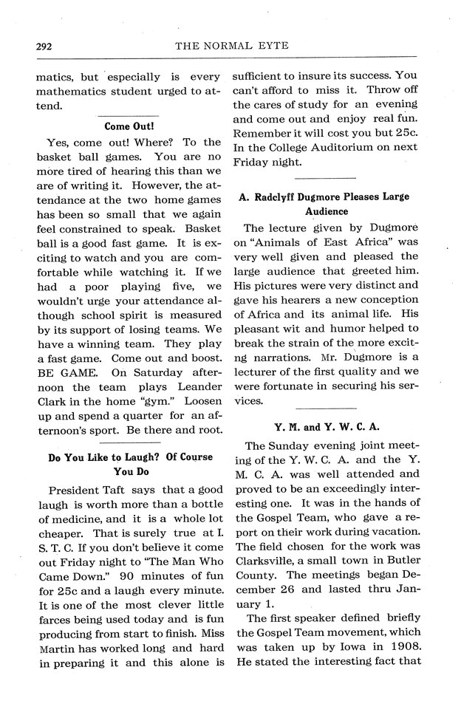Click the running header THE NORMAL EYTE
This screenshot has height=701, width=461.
coord(231,46)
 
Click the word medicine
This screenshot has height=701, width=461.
coord(77,525)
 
